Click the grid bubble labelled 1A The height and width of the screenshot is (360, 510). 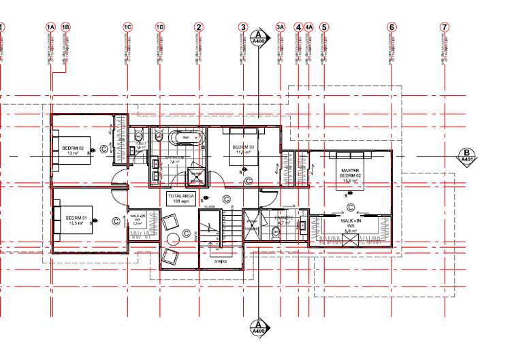pos(50,27)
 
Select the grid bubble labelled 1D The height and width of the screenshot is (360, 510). pos(160,27)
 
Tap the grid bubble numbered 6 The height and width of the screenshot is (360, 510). pos(392,27)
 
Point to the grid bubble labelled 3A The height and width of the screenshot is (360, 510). pos(280,27)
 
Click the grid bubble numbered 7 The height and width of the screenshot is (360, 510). pos(445,27)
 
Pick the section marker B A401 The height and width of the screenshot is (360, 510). pos(467,156)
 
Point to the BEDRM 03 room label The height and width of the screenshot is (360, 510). pos(243,150)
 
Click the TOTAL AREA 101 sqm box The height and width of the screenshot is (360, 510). pos(181,198)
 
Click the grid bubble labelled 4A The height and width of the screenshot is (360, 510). pos(308,27)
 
